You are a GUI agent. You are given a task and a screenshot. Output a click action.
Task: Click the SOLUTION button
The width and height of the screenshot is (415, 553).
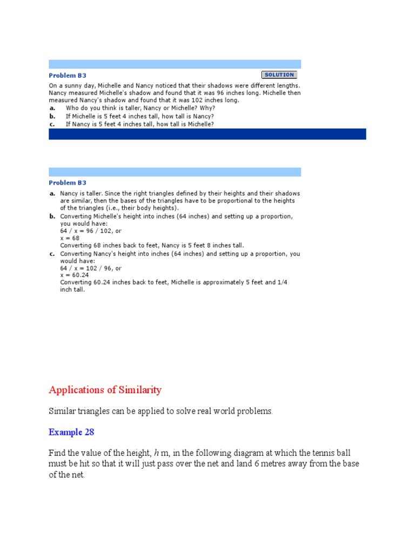click(x=279, y=75)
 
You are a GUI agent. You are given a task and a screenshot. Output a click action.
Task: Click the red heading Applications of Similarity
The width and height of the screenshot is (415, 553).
click(x=105, y=390)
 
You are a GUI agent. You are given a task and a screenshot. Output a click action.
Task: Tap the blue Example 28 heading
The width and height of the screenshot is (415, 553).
click(x=71, y=432)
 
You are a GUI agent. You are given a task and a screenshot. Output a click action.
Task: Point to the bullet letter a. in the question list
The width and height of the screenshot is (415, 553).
click(x=52, y=108)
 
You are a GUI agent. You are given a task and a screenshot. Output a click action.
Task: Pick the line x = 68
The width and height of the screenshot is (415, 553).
click(x=70, y=238)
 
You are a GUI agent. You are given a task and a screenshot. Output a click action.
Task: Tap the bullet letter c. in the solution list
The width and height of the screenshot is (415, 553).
click(x=52, y=253)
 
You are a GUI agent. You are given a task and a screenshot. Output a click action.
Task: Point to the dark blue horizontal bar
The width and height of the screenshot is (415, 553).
click(x=207, y=134)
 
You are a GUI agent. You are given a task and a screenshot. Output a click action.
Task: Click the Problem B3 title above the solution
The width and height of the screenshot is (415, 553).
click(x=68, y=183)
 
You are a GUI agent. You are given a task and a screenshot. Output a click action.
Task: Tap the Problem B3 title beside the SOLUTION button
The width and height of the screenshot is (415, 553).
click(x=68, y=76)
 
